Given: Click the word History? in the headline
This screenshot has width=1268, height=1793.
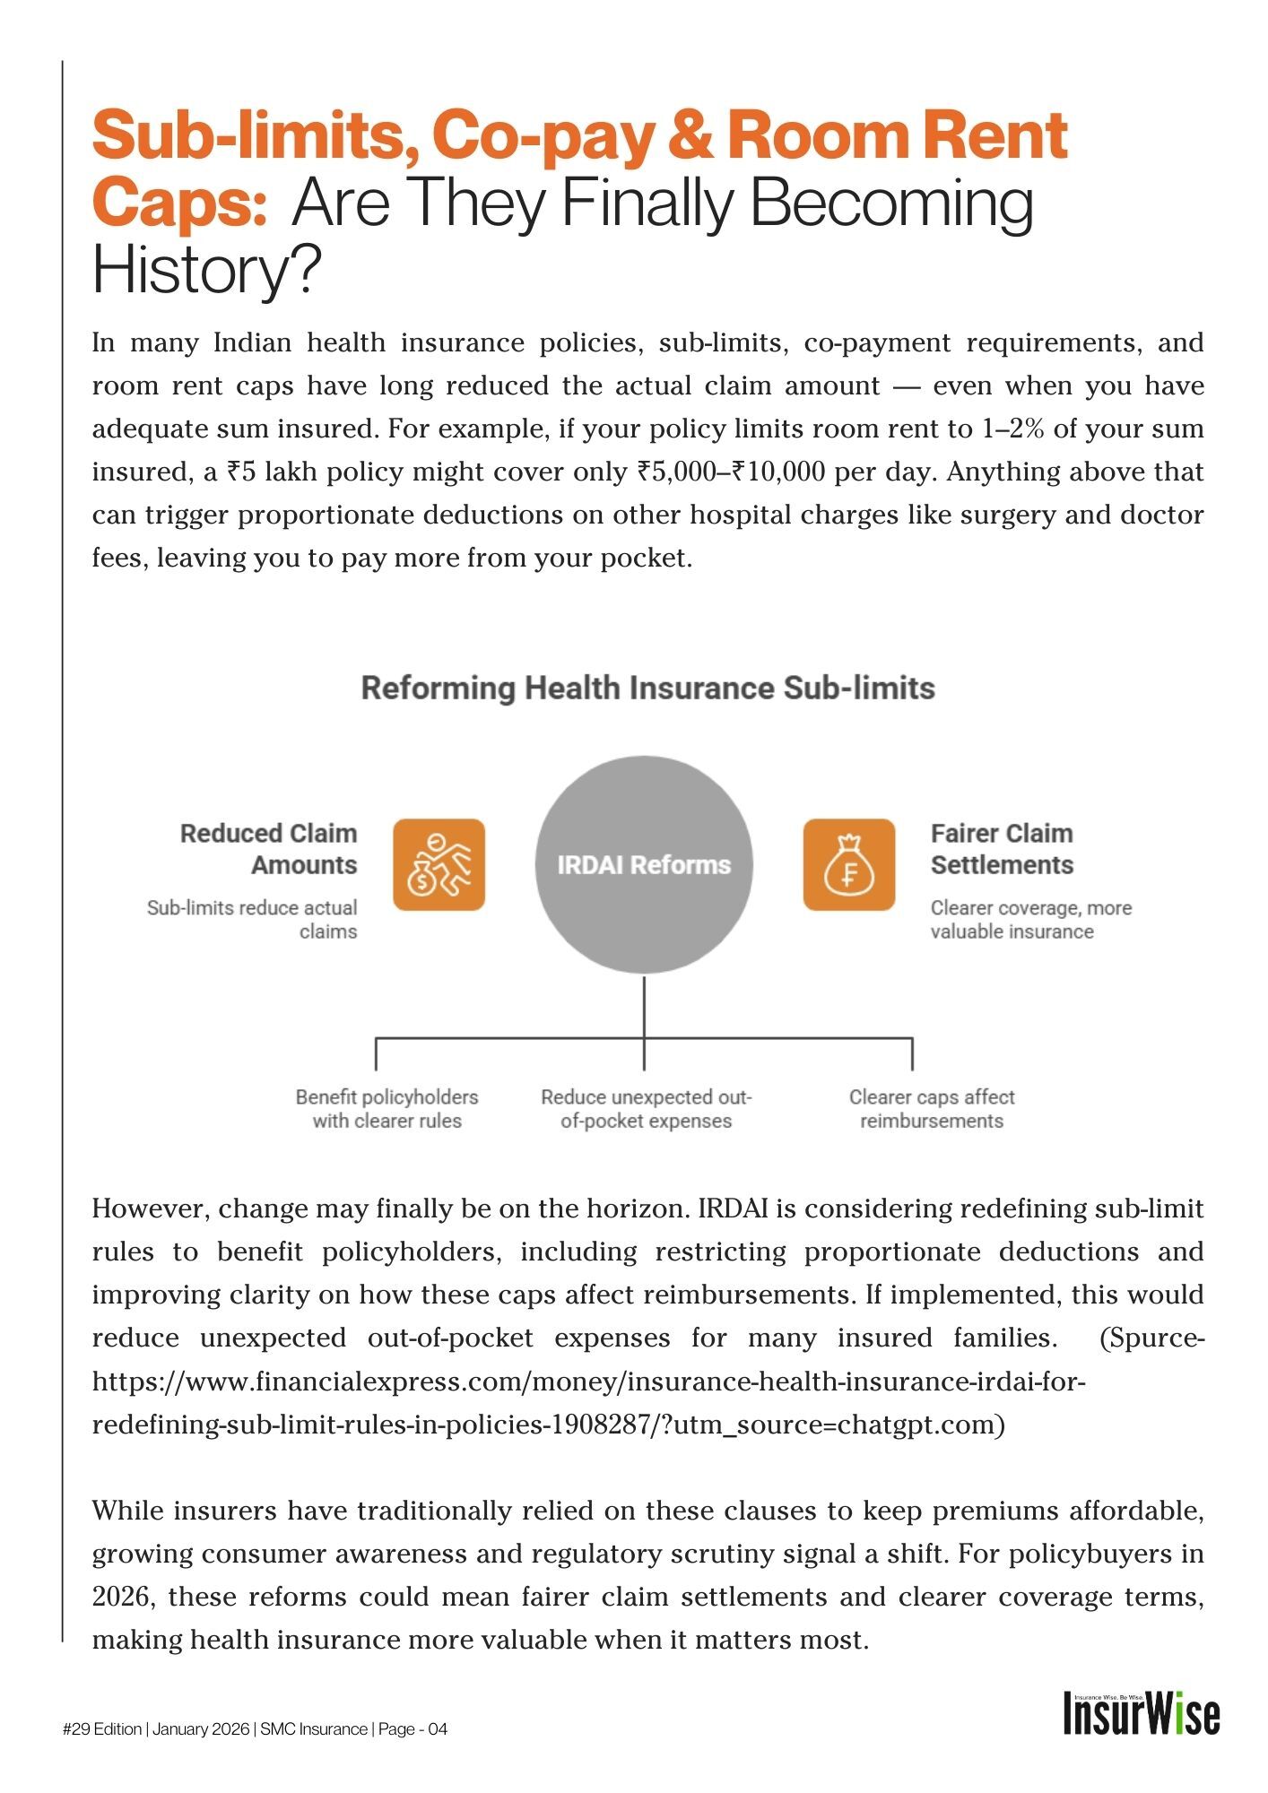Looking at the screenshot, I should tap(206, 270).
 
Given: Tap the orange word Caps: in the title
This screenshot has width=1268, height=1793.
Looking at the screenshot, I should tap(179, 204).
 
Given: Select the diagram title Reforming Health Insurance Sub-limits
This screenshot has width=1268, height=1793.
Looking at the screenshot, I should tap(647, 689).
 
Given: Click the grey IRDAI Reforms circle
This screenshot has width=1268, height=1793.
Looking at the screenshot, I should tap(644, 864).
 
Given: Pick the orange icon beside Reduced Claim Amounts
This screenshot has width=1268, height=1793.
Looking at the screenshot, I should tap(439, 864).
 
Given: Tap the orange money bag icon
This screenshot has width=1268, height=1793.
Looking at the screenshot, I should tap(848, 864).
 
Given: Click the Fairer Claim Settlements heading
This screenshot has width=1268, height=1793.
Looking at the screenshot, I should tap(1002, 849).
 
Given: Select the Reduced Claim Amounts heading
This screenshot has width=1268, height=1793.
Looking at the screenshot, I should tap(269, 849).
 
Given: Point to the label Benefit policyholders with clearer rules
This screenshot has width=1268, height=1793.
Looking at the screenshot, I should tap(386, 1109).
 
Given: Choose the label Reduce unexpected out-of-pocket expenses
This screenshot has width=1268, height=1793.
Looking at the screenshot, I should tap(646, 1109).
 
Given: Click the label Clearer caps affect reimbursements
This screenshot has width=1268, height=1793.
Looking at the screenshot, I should tap(932, 1109).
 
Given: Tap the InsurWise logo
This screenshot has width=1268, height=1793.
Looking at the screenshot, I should tap(1141, 1714).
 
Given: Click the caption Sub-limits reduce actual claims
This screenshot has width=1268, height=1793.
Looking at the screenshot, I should tap(252, 920).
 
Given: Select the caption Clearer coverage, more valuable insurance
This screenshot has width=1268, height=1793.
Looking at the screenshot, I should tap(1030, 920).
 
